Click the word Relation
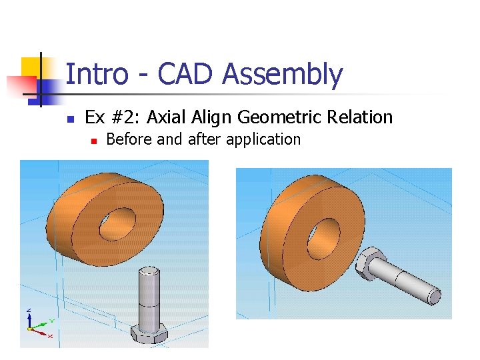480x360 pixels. [x=361, y=118]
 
